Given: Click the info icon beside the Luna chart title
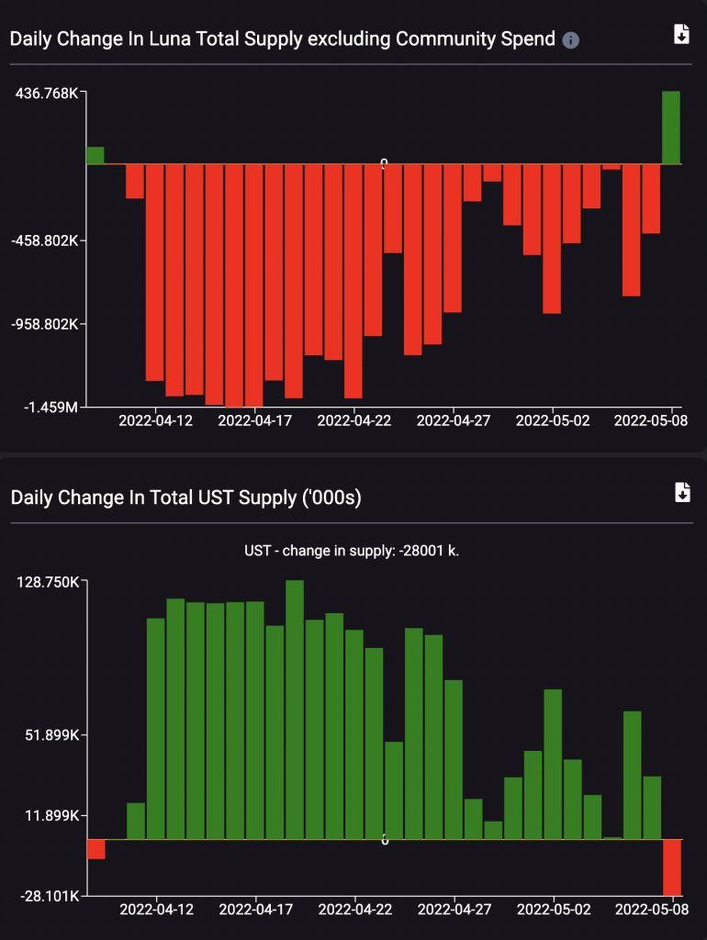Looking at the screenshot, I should tap(570, 40).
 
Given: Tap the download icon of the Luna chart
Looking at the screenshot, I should tap(681, 35).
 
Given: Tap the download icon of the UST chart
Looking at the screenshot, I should tap(682, 492).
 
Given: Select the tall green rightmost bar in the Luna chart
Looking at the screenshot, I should tap(671, 128).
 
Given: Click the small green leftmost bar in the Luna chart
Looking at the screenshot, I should tap(95, 155).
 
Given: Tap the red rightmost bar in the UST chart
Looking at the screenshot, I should tap(672, 867).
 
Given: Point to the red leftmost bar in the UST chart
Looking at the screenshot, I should tap(95, 849).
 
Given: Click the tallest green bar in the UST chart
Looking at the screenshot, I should tap(294, 709).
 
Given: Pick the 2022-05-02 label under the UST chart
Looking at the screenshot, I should tap(554, 910).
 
